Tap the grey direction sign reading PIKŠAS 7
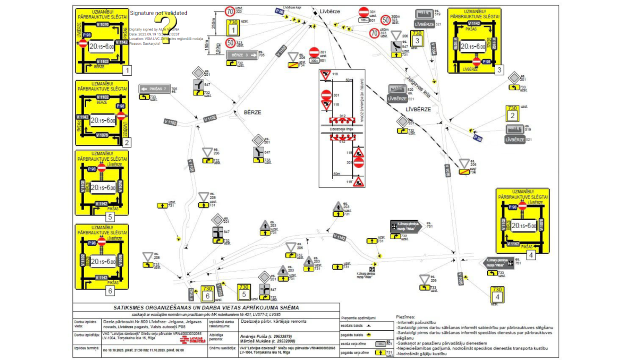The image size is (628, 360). [154, 89]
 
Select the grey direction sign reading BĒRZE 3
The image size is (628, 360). [242, 55]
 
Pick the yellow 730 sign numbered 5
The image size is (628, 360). [244, 292]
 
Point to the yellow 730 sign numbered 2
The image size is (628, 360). [512, 113]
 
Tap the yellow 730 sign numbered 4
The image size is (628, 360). [497, 294]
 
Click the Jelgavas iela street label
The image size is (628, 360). [418, 86]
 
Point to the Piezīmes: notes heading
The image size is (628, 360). [405, 317]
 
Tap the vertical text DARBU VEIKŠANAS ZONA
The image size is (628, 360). [362, 100]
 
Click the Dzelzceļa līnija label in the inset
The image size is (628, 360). [341, 129]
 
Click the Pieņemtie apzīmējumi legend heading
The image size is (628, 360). [358, 318]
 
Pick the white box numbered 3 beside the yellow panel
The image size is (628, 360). [499, 70]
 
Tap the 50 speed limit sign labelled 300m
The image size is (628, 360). [385, 20]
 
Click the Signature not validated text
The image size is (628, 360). [159, 13]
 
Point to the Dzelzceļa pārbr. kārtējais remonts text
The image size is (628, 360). [273, 321]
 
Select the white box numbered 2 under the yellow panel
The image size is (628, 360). [126, 142]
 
